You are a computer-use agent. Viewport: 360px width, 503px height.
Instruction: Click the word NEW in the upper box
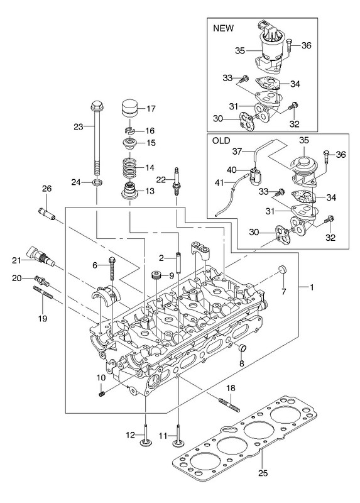[224, 28]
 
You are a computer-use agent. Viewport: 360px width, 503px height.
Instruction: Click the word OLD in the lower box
[221, 140]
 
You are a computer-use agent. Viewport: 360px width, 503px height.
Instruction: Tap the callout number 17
[151, 108]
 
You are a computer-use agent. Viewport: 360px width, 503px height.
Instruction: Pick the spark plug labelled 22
[176, 181]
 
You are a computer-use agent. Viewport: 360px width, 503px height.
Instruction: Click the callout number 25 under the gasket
[263, 473]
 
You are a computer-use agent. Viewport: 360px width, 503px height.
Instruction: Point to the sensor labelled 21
[40, 255]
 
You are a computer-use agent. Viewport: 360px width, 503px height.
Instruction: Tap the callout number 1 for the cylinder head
[310, 287]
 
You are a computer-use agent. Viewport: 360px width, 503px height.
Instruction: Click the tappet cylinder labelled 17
[131, 109]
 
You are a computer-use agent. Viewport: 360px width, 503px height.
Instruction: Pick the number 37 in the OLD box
[237, 151]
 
